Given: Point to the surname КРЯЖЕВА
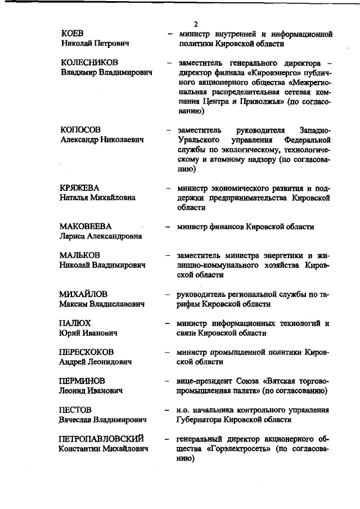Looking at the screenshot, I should point(79,187).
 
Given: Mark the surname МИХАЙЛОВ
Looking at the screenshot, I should point(83,294).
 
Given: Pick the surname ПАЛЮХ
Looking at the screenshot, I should point(75,323).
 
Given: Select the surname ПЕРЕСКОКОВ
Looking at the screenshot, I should point(87,352).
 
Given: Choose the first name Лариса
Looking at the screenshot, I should point(73,236).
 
